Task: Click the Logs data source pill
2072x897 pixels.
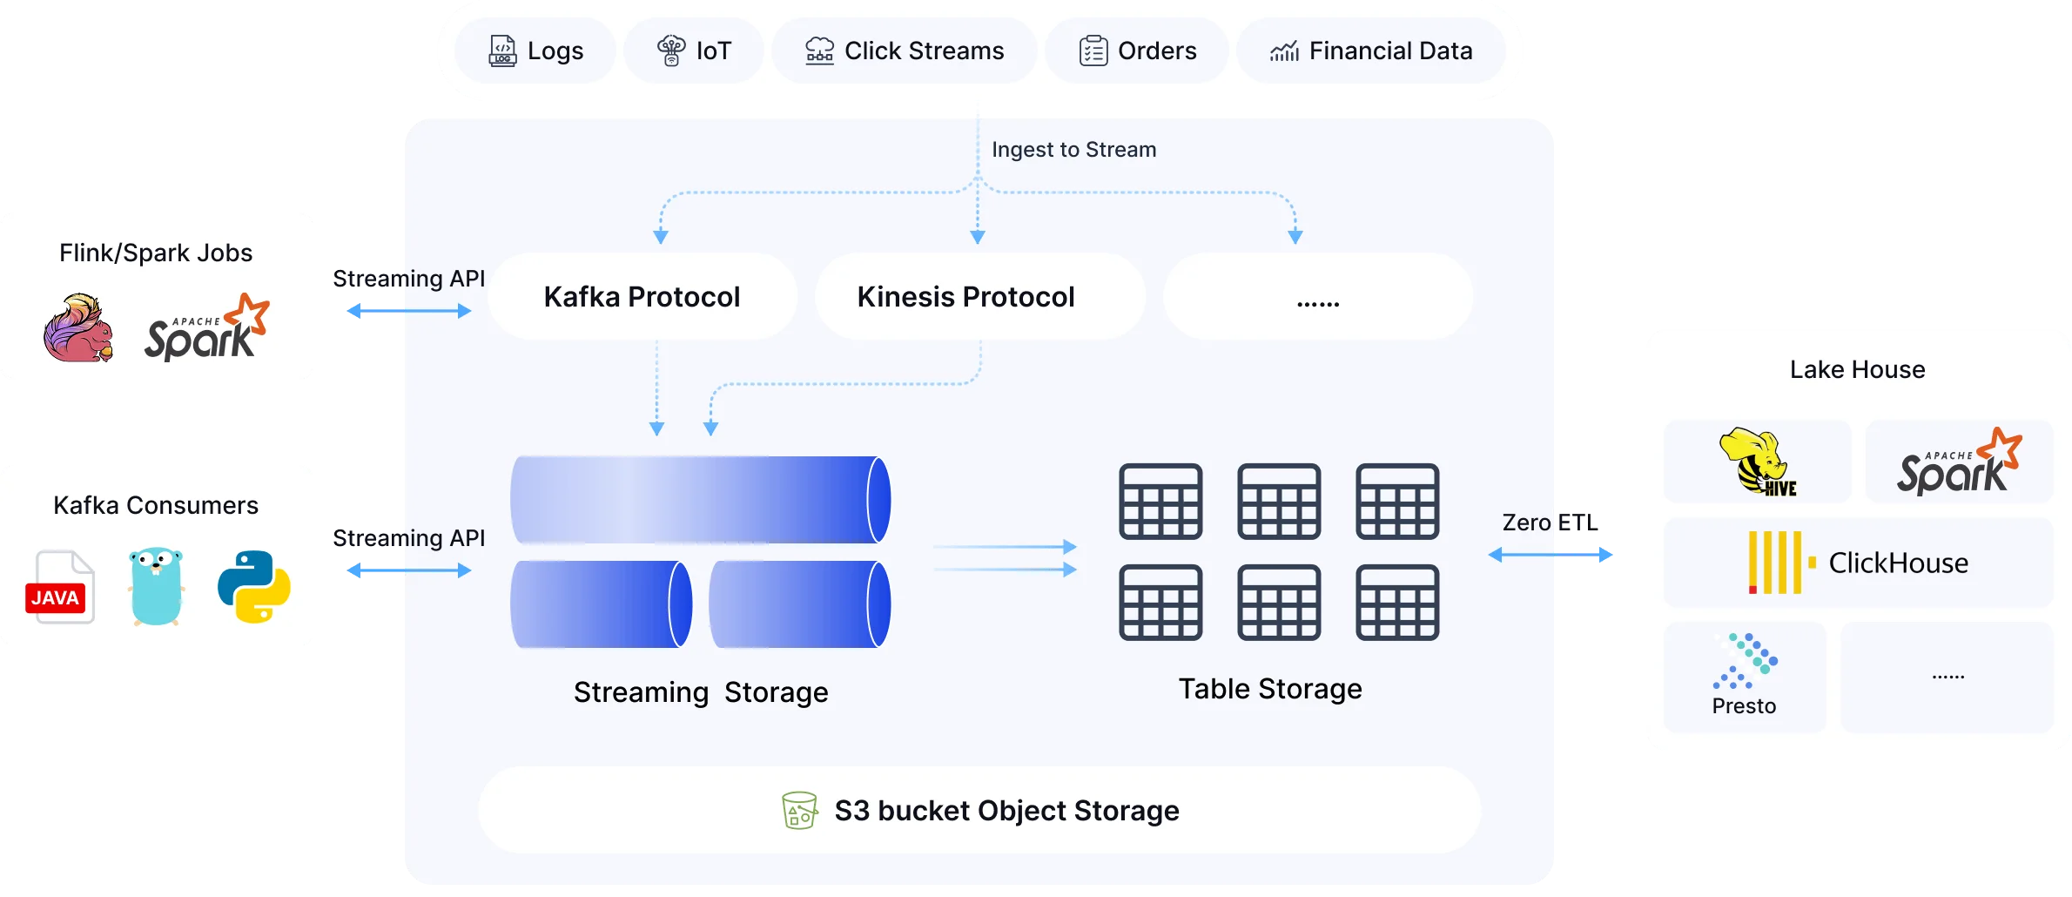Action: pyautogui.click(x=535, y=51)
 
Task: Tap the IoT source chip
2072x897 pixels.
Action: pyautogui.click(x=694, y=51)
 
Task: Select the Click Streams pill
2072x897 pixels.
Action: pyautogui.click(x=905, y=51)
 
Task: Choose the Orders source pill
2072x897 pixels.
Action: pyautogui.click(x=1137, y=51)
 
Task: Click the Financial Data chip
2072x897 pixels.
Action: pyautogui.click(x=1371, y=51)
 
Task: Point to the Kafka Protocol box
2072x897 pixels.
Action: pyautogui.click(x=642, y=297)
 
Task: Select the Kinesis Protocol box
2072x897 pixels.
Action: pyautogui.click(x=965, y=297)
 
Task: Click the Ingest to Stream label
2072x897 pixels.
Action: pyautogui.click(x=1073, y=150)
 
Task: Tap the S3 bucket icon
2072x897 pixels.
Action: pyautogui.click(x=799, y=811)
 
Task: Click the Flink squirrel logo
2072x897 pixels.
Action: pyautogui.click(x=78, y=328)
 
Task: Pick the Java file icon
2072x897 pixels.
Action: pyautogui.click(x=59, y=587)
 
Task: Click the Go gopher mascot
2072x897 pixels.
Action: pyautogui.click(x=156, y=585)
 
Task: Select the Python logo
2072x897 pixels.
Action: pyautogui.click(x=253, y=586)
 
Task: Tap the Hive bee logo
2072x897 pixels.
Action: pyautogui.click(x=1758, y=462)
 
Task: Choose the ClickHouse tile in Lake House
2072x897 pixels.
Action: pyautogui.click(x=1858, y=563)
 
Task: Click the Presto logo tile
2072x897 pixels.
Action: pyautogui.click(x=1745, y=676)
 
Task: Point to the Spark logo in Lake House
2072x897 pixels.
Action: pyautogui.click(x=1959, y=462)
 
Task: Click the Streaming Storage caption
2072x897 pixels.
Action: pyautogui.click(x=701, y=692)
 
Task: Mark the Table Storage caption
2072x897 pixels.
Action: pyautogui.click(x=1269, y=689)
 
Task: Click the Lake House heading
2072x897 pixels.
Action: pyautogui.click(x=1857, y=369)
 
